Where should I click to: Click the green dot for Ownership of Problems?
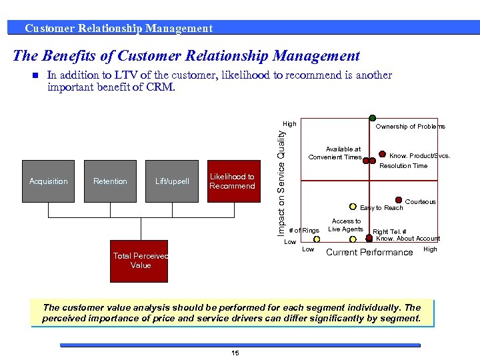pos(372,119)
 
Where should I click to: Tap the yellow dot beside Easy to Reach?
pos(353,207)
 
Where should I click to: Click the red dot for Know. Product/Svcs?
pos(383,153)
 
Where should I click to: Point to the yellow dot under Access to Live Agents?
pos(352,239)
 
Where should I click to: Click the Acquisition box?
pos(49,181)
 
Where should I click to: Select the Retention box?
pos(110,181)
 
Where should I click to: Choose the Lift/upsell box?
pos(172,181)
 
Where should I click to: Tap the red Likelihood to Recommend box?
pos(232,181)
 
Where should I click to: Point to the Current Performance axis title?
pos(369,252)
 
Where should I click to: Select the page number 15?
pos(235,353)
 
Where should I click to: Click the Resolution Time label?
pos(403,165)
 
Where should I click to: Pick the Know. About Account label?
pos(408,239)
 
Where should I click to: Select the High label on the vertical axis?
pos(289,124)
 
